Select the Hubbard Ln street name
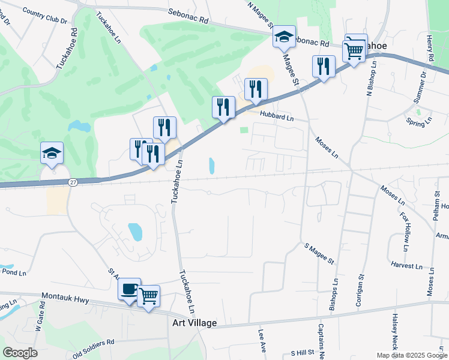click(x=277, y=118)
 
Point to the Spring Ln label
click(x=420, y=122)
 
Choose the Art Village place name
click(x=190, y=323)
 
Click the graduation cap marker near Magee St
click(x=284, y=37)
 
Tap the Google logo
click(x=20, y=353)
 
